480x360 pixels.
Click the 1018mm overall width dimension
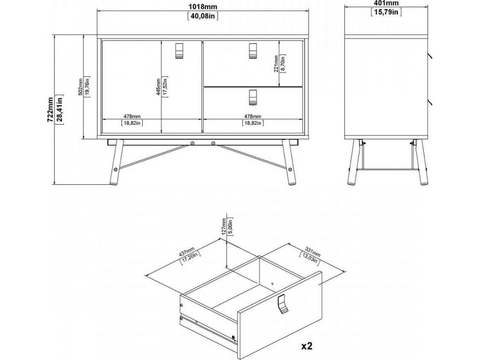tap(202, 7)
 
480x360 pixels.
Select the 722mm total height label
tap(50, 110)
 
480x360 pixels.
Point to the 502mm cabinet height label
tap(81, 87)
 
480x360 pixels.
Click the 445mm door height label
tap(158, 87)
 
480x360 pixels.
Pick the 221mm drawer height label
tap(277, 64)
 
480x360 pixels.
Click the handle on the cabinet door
tap(179, 50)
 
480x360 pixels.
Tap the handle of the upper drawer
tap(253, 50)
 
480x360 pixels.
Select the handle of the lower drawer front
tap(253, 97)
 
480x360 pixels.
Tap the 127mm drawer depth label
tap(225, 226)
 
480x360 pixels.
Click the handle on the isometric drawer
tap(283, 304)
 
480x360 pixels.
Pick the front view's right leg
tap(289, 162)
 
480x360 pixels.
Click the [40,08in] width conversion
tap(202, 16)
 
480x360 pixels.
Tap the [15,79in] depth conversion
tap(386, 12)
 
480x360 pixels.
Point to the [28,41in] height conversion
tap(60, 108)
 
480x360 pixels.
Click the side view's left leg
tap(354, 162)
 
